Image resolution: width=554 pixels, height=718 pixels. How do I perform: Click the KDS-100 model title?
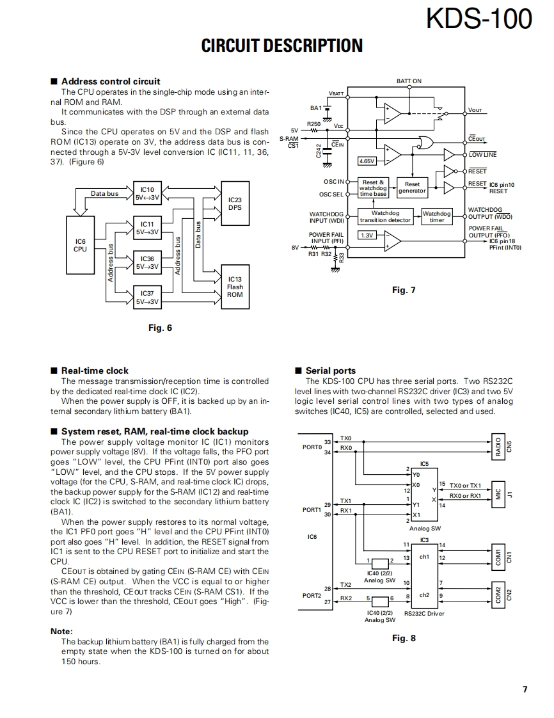tap(479, 19)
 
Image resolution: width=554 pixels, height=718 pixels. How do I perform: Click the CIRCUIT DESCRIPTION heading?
tap(281, 46)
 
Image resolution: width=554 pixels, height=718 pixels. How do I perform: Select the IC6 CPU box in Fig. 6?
tap(80, 245)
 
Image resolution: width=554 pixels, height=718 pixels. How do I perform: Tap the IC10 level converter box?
tap(147, 194)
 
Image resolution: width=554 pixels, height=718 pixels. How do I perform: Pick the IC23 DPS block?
tap(235, 203)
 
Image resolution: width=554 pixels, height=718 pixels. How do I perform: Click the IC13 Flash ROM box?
tap(235, 286)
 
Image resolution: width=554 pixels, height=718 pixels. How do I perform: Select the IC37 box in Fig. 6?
tap(147, 298)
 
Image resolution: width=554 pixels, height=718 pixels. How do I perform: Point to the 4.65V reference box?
tap(367, 161)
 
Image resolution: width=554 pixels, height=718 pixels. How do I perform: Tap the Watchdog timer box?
tap(436, 216)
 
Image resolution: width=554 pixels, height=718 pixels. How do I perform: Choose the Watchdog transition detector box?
tap(385, 216)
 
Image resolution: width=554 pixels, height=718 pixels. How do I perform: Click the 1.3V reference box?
tap(367, 235)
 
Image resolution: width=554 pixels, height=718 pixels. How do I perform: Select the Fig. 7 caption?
tap(404, 291)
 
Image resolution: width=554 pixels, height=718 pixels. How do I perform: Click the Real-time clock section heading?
tap(94, 371)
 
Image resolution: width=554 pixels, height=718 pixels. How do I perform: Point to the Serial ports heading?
tap(330, 371)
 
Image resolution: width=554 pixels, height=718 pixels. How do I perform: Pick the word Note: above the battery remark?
tap(61, 631)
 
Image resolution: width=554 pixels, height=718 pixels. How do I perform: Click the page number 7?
tap(525, 689)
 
